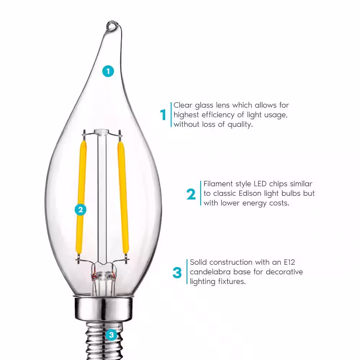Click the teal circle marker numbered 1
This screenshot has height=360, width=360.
pos(108,71)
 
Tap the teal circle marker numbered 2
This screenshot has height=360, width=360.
pos(80,210)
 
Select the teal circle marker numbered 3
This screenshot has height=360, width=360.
pos(111,335)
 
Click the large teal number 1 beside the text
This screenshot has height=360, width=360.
pos(163,115)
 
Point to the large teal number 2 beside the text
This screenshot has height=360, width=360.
pos(191,194)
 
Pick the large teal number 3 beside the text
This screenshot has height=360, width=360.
pos(177,273)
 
